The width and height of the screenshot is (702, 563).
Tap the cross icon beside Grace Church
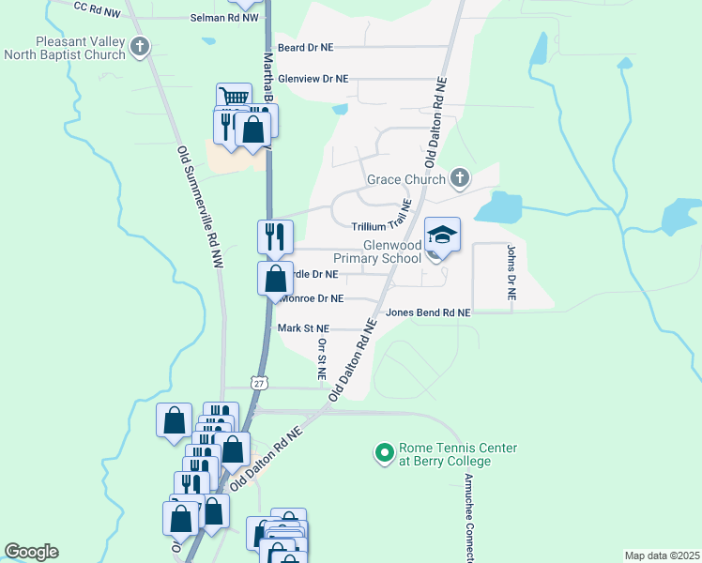click(x=460, y=177)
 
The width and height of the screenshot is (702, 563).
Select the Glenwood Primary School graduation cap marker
click(x=443, y=236)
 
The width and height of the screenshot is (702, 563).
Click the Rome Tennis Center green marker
click(x=383, y=454)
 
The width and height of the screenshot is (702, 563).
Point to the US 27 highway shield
click(x=259, y=383)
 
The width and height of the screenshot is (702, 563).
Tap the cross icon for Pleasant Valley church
click(x=140, y=47)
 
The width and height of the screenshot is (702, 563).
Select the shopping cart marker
click(x=234, y=98)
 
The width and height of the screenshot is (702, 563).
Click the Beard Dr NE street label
click(x=305, y=47)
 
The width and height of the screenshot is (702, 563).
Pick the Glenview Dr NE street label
click(x=313, y=80)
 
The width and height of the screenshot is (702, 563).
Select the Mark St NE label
click(x=303, y=328)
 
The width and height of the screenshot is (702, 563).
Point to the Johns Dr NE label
click(x=511, y=272)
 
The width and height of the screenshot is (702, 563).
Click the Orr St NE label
click(x=321, y=358)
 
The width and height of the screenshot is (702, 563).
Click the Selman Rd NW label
click(x=223, y=18)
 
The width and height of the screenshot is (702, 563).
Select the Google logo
click(x=31, y=552)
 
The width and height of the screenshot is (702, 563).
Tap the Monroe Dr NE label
click(x=313, y=298)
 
